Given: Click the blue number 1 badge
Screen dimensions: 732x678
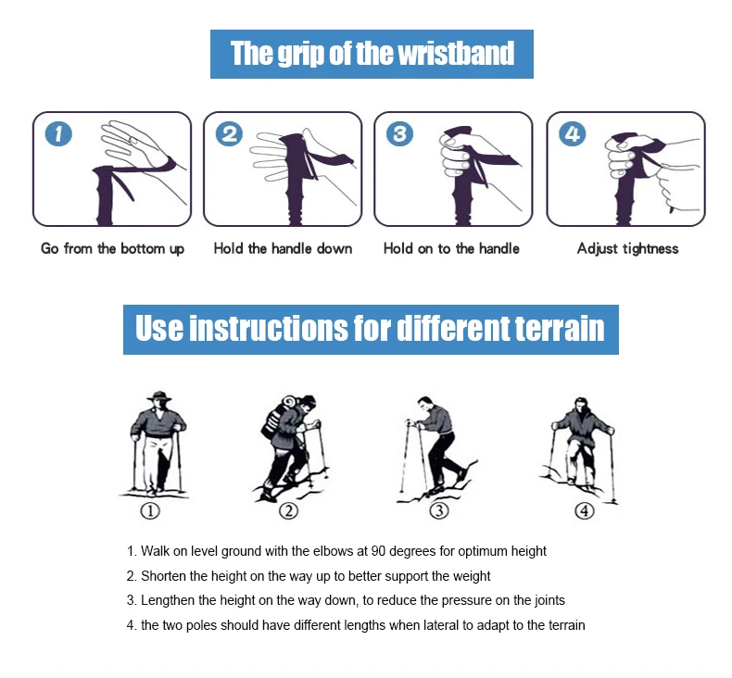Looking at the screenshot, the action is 58,134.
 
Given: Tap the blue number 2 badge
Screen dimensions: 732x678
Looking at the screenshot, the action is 229,134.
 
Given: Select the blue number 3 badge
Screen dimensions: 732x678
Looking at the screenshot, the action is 399,134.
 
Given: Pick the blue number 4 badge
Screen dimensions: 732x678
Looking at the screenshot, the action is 573,134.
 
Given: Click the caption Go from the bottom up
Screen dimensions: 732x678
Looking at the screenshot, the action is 112,249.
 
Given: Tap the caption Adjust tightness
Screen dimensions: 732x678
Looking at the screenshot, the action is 628,249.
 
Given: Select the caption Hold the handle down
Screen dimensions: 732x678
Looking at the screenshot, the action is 283,248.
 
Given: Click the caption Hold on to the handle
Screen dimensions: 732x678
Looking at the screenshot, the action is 451,248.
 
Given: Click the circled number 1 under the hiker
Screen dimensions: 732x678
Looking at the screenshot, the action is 150,511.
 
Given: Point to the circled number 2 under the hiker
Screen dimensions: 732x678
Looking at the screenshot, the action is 288,511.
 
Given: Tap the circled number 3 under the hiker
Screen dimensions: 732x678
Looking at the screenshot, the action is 439,511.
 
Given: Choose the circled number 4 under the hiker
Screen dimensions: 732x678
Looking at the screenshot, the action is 585,511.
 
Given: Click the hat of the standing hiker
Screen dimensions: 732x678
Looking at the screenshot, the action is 159,396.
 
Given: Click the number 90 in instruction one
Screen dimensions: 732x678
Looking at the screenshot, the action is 378,551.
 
